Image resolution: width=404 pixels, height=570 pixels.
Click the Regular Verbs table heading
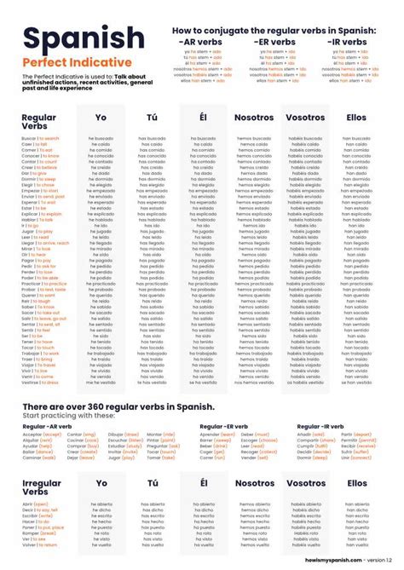[x=38, y=122]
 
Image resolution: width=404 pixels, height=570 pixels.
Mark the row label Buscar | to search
[x=41, y=138]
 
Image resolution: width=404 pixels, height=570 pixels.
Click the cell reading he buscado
[x=101, y=138]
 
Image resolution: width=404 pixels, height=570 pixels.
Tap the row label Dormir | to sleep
[x=39, y=180]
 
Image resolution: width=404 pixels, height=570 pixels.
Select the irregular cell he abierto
[x=101, y=504]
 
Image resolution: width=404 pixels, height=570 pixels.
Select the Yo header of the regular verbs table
[x=101, y=118]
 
